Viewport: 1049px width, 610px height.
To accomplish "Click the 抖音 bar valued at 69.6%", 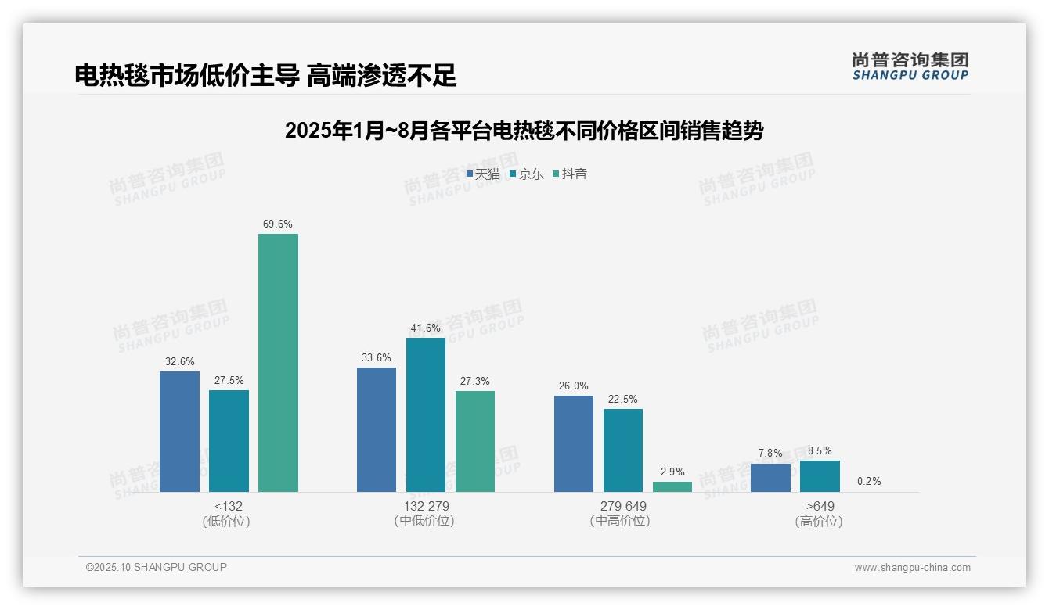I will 278,363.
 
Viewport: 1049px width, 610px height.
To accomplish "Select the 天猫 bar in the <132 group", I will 179,432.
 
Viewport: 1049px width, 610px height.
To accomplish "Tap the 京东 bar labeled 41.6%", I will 425,414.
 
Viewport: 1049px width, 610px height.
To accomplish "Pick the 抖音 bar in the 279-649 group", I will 672,486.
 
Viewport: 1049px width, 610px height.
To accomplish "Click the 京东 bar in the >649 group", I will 820,476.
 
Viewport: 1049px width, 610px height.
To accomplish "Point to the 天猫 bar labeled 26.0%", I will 574,443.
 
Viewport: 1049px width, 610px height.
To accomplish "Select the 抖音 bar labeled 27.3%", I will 475,441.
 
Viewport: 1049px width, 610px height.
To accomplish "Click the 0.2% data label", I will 869,482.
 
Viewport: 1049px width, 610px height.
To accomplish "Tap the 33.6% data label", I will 377,358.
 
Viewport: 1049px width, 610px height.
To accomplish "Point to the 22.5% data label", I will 623,400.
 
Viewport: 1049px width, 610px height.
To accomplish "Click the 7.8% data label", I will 770,454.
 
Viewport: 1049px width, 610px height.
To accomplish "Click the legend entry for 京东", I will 527,174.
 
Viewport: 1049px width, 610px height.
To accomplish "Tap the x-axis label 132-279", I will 426,506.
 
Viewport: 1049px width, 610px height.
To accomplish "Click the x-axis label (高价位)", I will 819,522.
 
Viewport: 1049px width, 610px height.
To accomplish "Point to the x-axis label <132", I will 228,506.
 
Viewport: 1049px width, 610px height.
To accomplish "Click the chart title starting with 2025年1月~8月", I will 524,131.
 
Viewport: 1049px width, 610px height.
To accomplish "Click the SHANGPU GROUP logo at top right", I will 910,66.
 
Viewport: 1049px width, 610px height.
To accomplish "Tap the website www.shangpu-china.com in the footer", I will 912,568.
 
